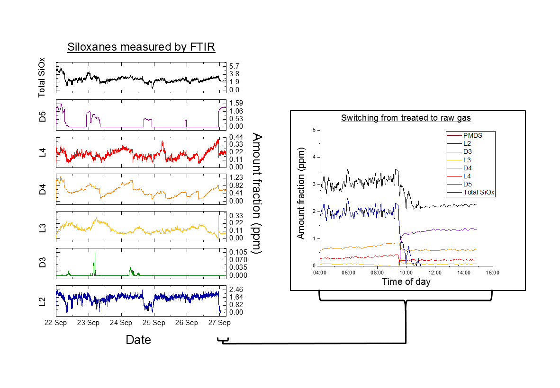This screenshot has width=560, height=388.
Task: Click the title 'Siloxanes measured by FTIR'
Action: (141, 47)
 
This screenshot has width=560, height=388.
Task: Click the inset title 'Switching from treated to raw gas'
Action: (406, 118)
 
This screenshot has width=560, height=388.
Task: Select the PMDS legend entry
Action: (473, 135)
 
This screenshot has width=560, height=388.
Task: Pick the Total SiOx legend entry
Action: (479, 192)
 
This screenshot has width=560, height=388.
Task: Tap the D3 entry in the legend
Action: (468, 151)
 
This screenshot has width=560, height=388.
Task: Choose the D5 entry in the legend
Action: (468, 184)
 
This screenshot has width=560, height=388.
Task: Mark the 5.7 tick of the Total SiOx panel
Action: (234, 66)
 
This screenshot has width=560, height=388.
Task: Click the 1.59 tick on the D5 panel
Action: (236, 103)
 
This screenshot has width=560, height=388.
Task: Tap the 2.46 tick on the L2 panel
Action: (236, 289)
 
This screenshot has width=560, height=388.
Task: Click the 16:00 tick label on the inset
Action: (493, 273)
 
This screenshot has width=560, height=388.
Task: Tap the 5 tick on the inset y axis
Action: (314, 130)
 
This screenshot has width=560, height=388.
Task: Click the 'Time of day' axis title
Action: (406, 282)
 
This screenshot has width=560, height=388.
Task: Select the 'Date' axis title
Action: (138, 339)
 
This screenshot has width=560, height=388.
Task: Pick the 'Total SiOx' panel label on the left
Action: (42, 79)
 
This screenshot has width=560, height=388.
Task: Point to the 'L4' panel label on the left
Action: (42, 152)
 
